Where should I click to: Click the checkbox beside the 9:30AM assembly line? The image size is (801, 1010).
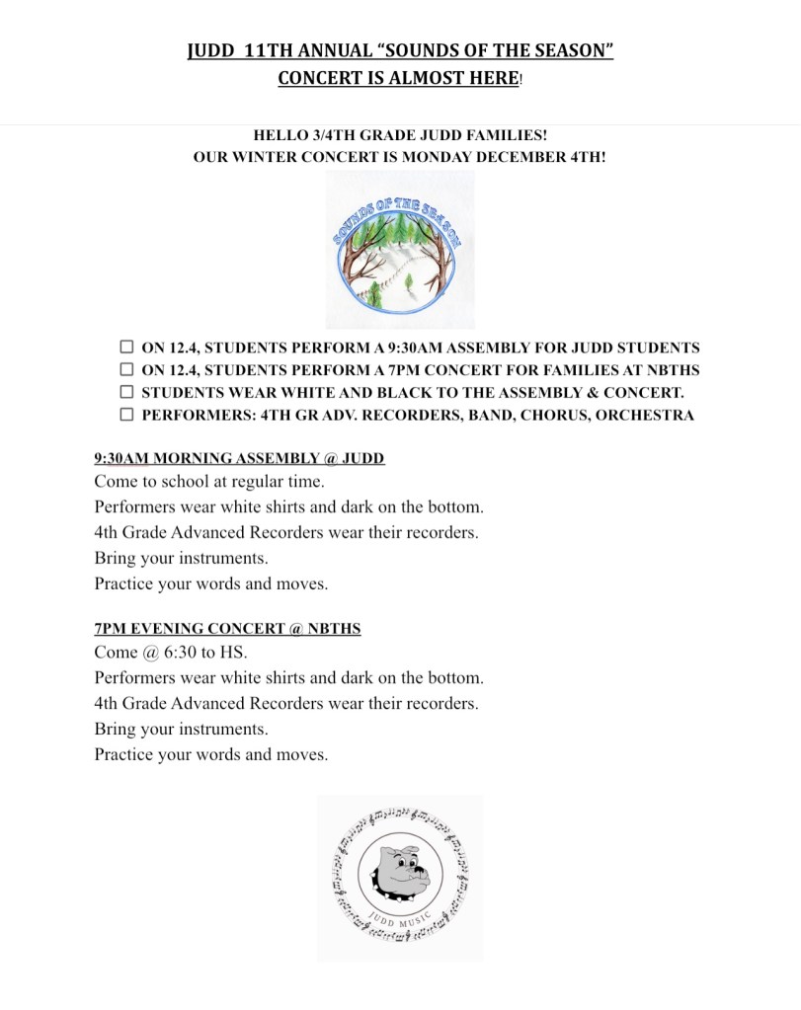click(x=126, y=348)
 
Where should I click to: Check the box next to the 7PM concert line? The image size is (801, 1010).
click(x=126, y=369)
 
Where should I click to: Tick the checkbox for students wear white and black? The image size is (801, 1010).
click(x=126, y=392)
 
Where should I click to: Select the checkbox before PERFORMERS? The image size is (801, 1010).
click(x=126, y=414)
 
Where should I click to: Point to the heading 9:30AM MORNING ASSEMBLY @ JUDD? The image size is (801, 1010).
click(x=239, y=458)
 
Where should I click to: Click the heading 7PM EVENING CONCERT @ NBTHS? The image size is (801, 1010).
click(x=227, y=628)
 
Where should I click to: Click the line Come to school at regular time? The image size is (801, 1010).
click(x=209, y=482)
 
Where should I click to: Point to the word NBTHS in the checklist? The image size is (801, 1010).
click(x=674, y=370)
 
